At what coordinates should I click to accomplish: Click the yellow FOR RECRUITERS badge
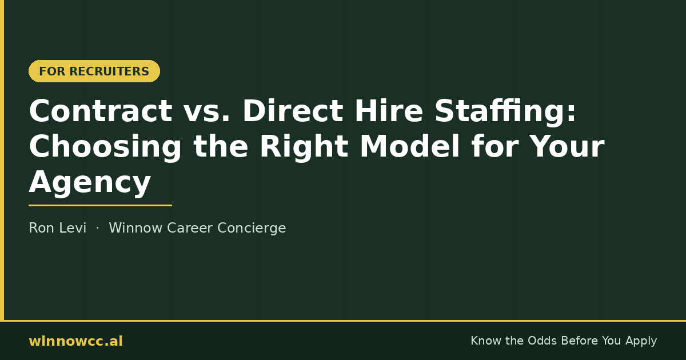[x=94, y=71]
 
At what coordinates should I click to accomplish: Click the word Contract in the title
[x=101, y=111]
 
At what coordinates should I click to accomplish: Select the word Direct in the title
[x=293, y=111]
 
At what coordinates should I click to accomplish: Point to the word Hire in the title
[x=389, y=111]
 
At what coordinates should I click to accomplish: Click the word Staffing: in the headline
[x=505, y=112]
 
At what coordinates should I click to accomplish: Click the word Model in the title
[x=410, y=146]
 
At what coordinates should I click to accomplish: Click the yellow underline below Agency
[x=100, y=205]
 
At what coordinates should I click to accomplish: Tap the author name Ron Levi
[x=58, y=228]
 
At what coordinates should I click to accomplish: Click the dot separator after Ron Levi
[x=98, y=228]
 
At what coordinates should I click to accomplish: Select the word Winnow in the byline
[x=135, y=228]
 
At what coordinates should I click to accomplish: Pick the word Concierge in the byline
[x=252, y=229]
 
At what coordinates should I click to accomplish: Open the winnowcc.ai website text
[x=75, y=341]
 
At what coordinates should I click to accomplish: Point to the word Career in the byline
[x=190, y=228]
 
